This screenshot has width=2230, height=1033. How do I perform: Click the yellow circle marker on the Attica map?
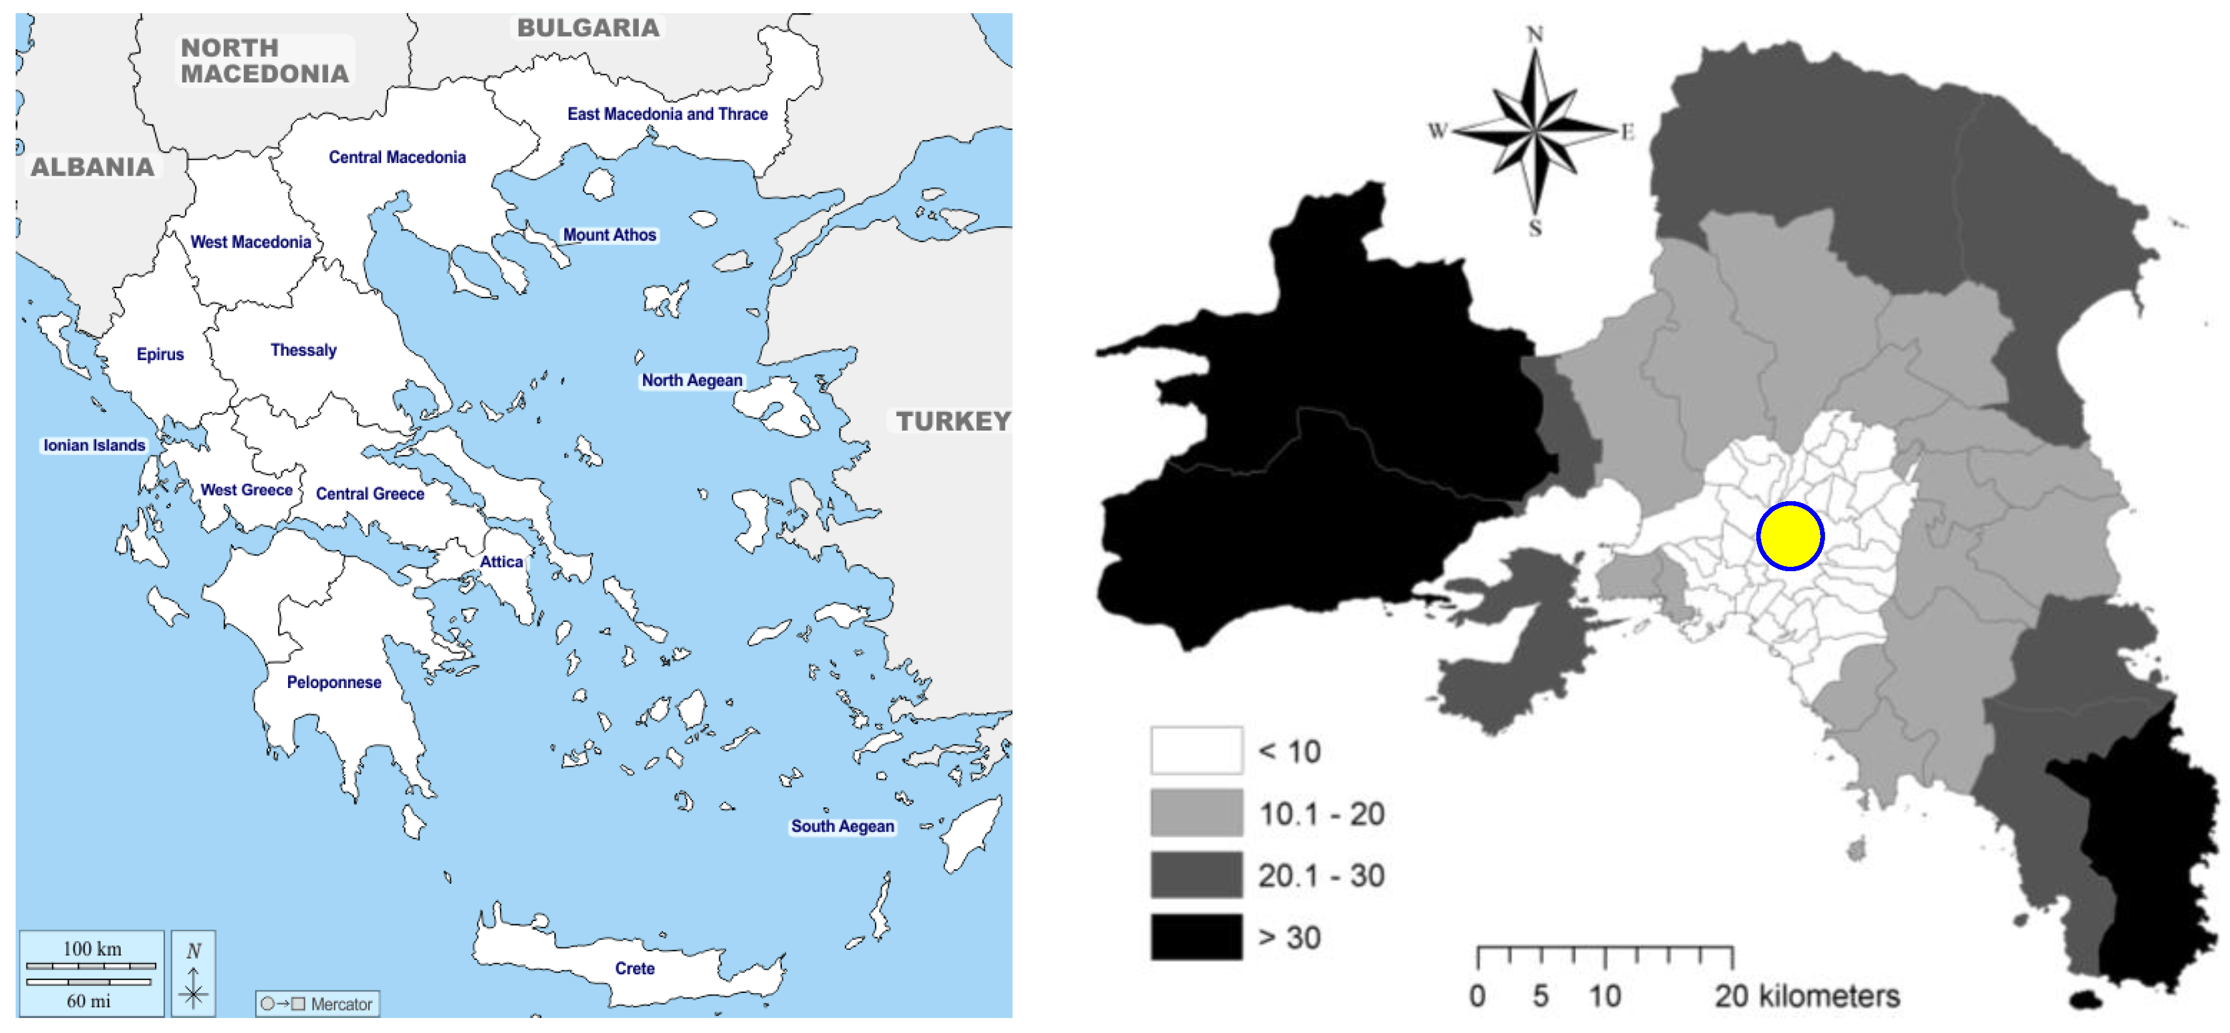pyautogui.click(x=1790, y=536)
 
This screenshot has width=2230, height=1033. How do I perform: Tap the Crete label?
pyautogui.click(x=634, y=968)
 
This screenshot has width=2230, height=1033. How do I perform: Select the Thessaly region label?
pyautogui.click(x=303, y=350)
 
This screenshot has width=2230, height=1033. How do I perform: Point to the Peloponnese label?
pyautogui.click(x=334, y=682)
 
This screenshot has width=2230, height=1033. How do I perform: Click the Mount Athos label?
pyautogui.click(x=609, y=234)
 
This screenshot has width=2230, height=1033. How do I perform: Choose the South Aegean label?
pyautogui.click(x=842, y=826)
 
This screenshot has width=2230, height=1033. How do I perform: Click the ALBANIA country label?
pyautogui.click(x=92, y=167)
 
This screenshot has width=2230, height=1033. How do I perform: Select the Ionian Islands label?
pyautogui.click(x=94, y=445)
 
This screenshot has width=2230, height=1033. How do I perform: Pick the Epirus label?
pyautogui.click(x=160, y=354)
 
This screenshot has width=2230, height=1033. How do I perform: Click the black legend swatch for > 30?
pyautogui.click(x=1196, y=937)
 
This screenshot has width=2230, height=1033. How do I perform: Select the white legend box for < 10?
pyautogui.click(x=1196, y=751)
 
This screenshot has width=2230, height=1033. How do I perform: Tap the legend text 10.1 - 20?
pyautogui.click(x=1321, y=814)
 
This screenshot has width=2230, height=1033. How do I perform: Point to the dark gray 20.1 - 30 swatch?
pyautogui.click(x=1196, y=874)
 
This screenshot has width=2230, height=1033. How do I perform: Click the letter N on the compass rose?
pyautogui.click(x=1534, y=34)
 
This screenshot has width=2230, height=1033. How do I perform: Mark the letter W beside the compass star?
pyautogui.click(x=1437, y=131)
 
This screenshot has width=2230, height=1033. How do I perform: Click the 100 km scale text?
pyautogui.click(x=92, y=948)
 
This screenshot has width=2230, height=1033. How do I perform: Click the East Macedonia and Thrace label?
pyautogui.click(x=667, y=114)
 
